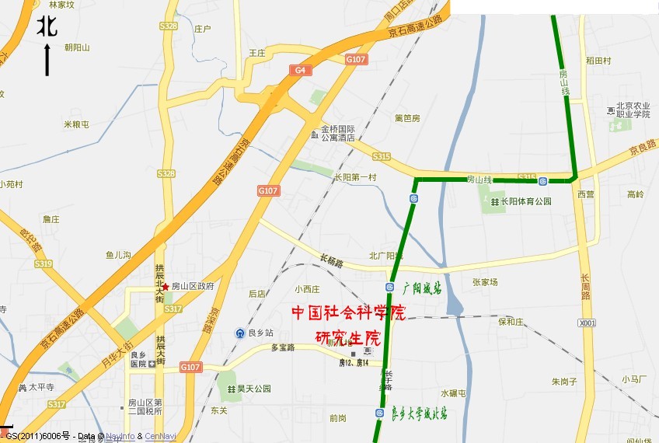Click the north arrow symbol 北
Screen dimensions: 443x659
coord(47,28)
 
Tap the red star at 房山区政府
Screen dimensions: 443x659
coord(166,287)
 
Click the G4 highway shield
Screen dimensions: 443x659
coord(301,70)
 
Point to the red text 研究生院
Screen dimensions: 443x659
coord(348,338)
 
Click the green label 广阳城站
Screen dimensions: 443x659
coord(422,288)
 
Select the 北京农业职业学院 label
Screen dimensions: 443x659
coord(633,110)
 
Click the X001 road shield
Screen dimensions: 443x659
coord(588,323)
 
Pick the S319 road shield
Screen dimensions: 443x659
coord(43,264)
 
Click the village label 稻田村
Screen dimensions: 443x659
coord(598,61)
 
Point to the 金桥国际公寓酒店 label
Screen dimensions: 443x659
coord(338,133)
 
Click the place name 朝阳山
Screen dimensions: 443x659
coord(77,47)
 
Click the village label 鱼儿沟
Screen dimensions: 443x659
coord(119,255)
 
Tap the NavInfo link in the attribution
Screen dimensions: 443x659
coord(120,437)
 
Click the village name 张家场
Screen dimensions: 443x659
coord(485,283)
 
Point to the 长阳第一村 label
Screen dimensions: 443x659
coord(354,177)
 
